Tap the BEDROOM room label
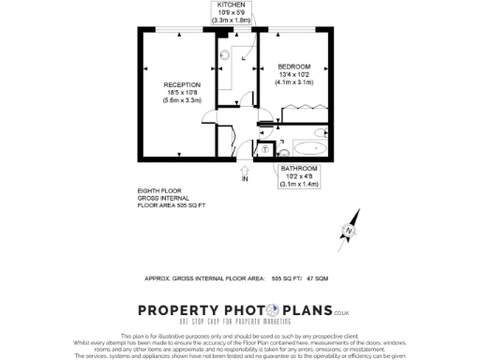click(x=294, y=66)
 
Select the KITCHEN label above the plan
click(x=232, y=6)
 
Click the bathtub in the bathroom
click(x=308, y=149)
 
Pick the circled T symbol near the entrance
click(x=265, y=149)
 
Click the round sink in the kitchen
click(x=225, y=54)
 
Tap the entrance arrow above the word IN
click(x=245, y=167)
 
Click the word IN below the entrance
click(x=245, y=178)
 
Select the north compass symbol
click(x=349, y=231)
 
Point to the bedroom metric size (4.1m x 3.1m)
click(x=294, y=82)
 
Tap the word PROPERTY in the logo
click(x=185, y=311)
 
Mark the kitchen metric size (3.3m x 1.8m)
click(x=232, y=20)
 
